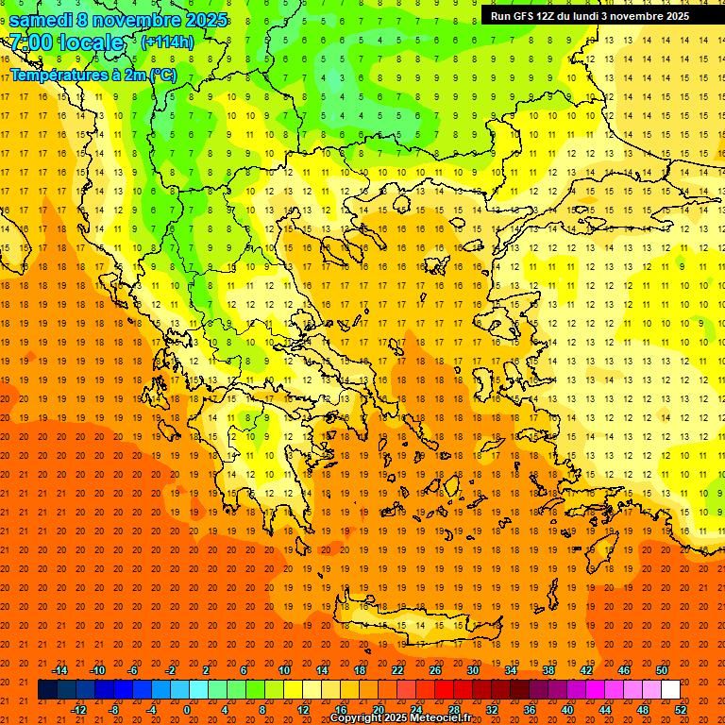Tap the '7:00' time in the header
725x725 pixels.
point(29,42)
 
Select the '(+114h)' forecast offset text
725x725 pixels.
point(167,42)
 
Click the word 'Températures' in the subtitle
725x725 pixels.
point(52,75)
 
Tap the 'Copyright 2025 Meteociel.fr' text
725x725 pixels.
point(400,718)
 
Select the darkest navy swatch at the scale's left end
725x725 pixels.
point(47,690)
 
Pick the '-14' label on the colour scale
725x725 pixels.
point(59,670)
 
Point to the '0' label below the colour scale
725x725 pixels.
point(186,710)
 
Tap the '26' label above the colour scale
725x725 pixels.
point(435,670)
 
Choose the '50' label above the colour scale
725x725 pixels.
point(662,670)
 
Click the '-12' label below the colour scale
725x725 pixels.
point(78,710)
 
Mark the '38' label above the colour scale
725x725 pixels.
point(548,670)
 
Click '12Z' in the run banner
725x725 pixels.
point(546,16)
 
